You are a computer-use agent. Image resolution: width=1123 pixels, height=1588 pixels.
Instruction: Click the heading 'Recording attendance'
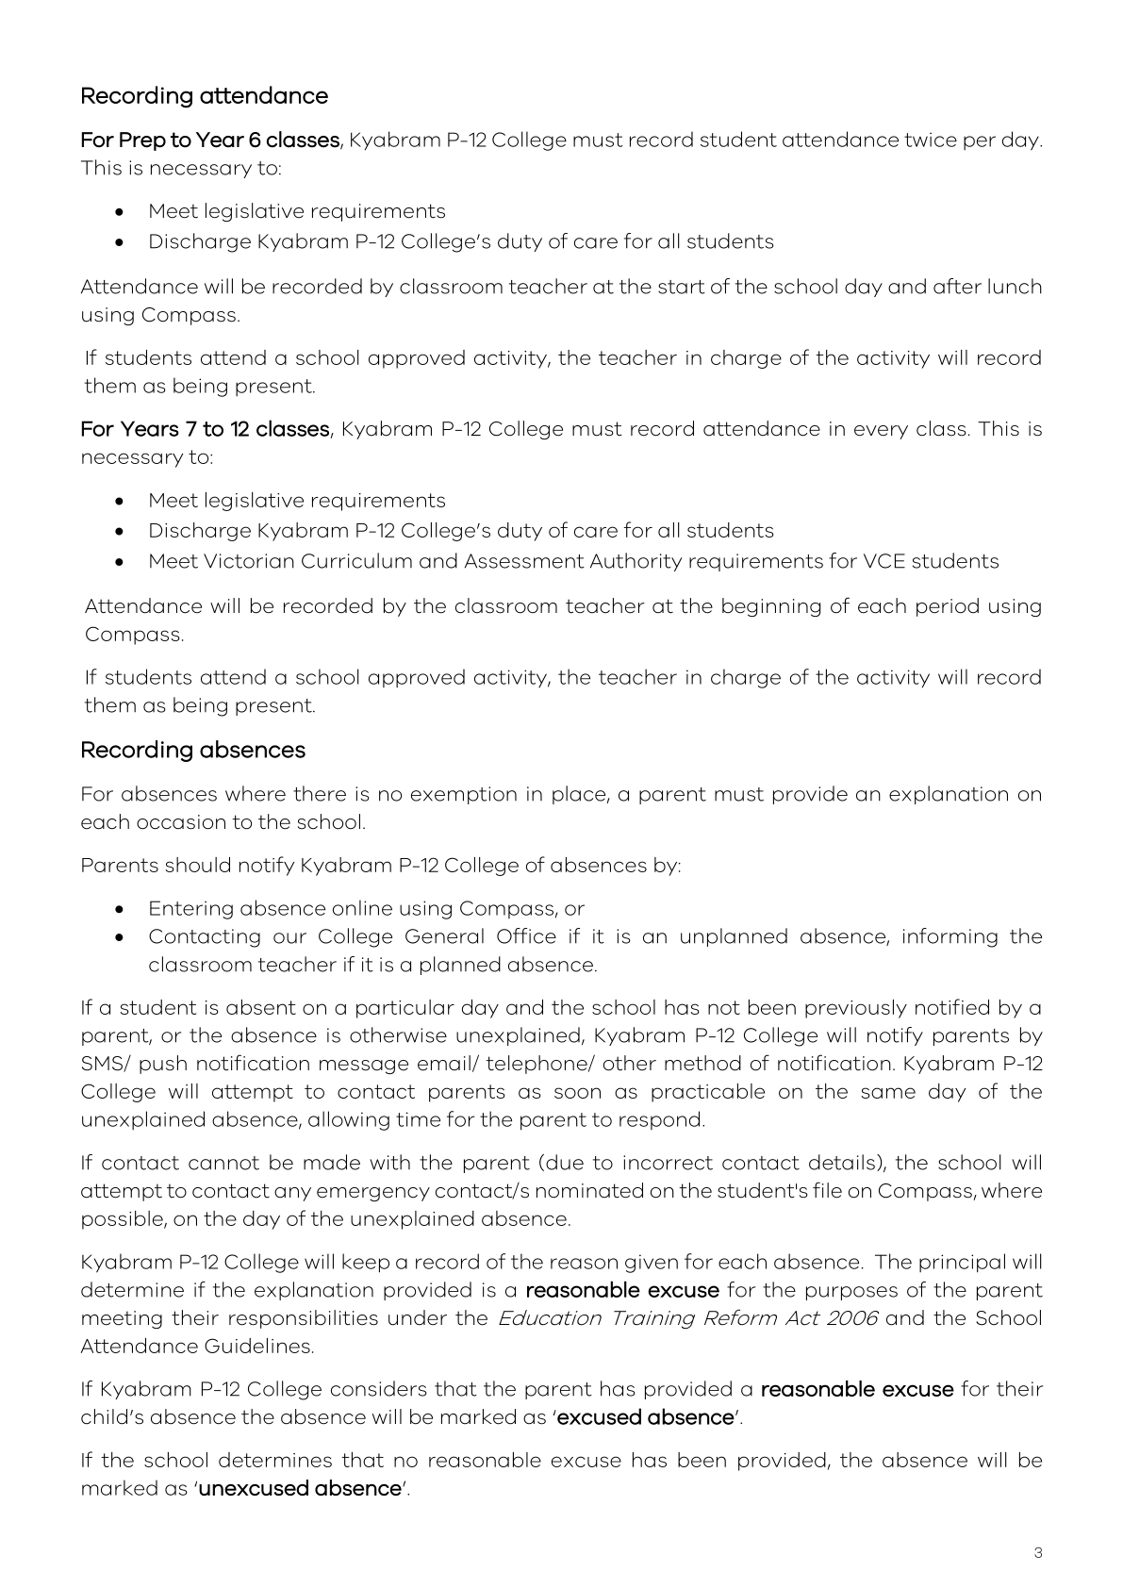(x=205, y=96)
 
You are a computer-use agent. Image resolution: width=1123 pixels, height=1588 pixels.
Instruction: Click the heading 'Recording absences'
(x=193, y=751)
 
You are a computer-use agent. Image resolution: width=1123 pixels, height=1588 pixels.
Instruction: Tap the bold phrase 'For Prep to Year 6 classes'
(x=209, y=141)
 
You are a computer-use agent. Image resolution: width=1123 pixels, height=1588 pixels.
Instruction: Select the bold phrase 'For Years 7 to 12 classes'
(x=205, y=430)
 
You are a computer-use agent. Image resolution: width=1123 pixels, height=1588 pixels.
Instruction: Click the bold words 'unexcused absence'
(x=300, y=1489)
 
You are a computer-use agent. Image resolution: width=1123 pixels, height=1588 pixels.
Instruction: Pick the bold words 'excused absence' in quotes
(x=646, y=1417)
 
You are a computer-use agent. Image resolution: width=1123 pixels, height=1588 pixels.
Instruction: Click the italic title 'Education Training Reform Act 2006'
(x=686, y=1318)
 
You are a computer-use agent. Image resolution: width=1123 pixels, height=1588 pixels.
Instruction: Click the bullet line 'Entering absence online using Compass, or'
(x=366, y=909)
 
